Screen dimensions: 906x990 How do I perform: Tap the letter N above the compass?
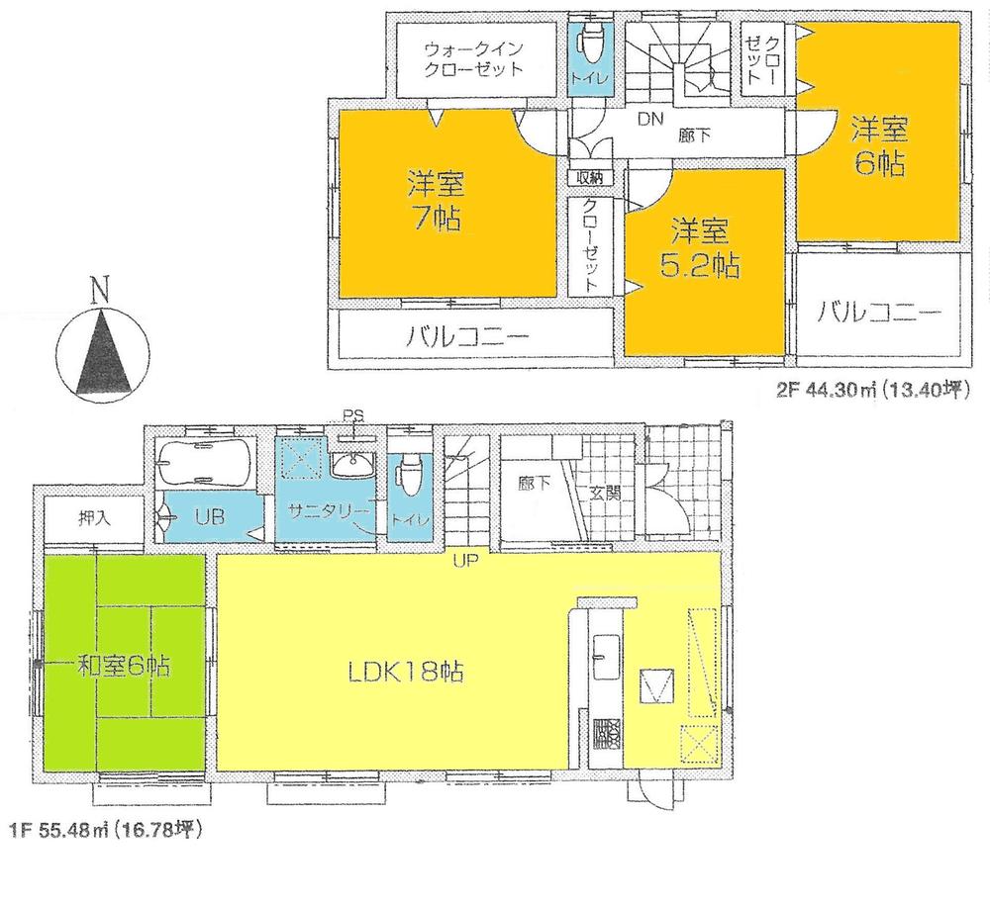point(99,290)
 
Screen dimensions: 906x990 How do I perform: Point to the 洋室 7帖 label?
point(436,200)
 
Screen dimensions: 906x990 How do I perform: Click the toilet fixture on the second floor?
point(592,45)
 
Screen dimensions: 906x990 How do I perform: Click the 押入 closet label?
point(96,518)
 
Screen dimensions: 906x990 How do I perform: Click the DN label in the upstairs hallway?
point(648,120)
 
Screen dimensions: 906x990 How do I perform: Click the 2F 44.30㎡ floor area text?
point(871,388)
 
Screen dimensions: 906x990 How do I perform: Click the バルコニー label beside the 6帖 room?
point(879,314)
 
